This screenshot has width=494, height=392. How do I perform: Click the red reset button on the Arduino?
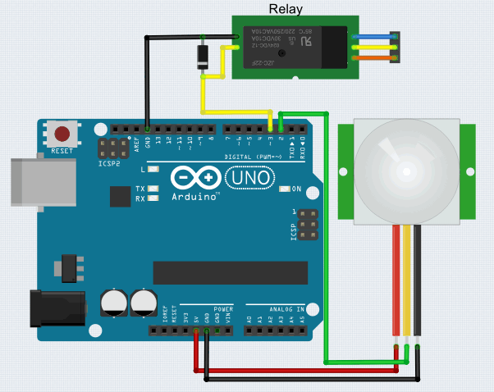(62, 133)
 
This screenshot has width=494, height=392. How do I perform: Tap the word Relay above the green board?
(286, 9)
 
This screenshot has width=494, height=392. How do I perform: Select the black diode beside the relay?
(202, 57)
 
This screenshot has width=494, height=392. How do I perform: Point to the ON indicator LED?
(284, 189)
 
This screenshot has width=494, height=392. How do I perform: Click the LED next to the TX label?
(152, 189)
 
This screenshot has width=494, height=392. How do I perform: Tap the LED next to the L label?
(152, 169)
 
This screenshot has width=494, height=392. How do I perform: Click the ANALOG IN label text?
(284, 309)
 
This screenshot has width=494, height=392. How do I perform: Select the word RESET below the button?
(62, 151)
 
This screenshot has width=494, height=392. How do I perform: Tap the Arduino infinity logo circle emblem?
(196, 178)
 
